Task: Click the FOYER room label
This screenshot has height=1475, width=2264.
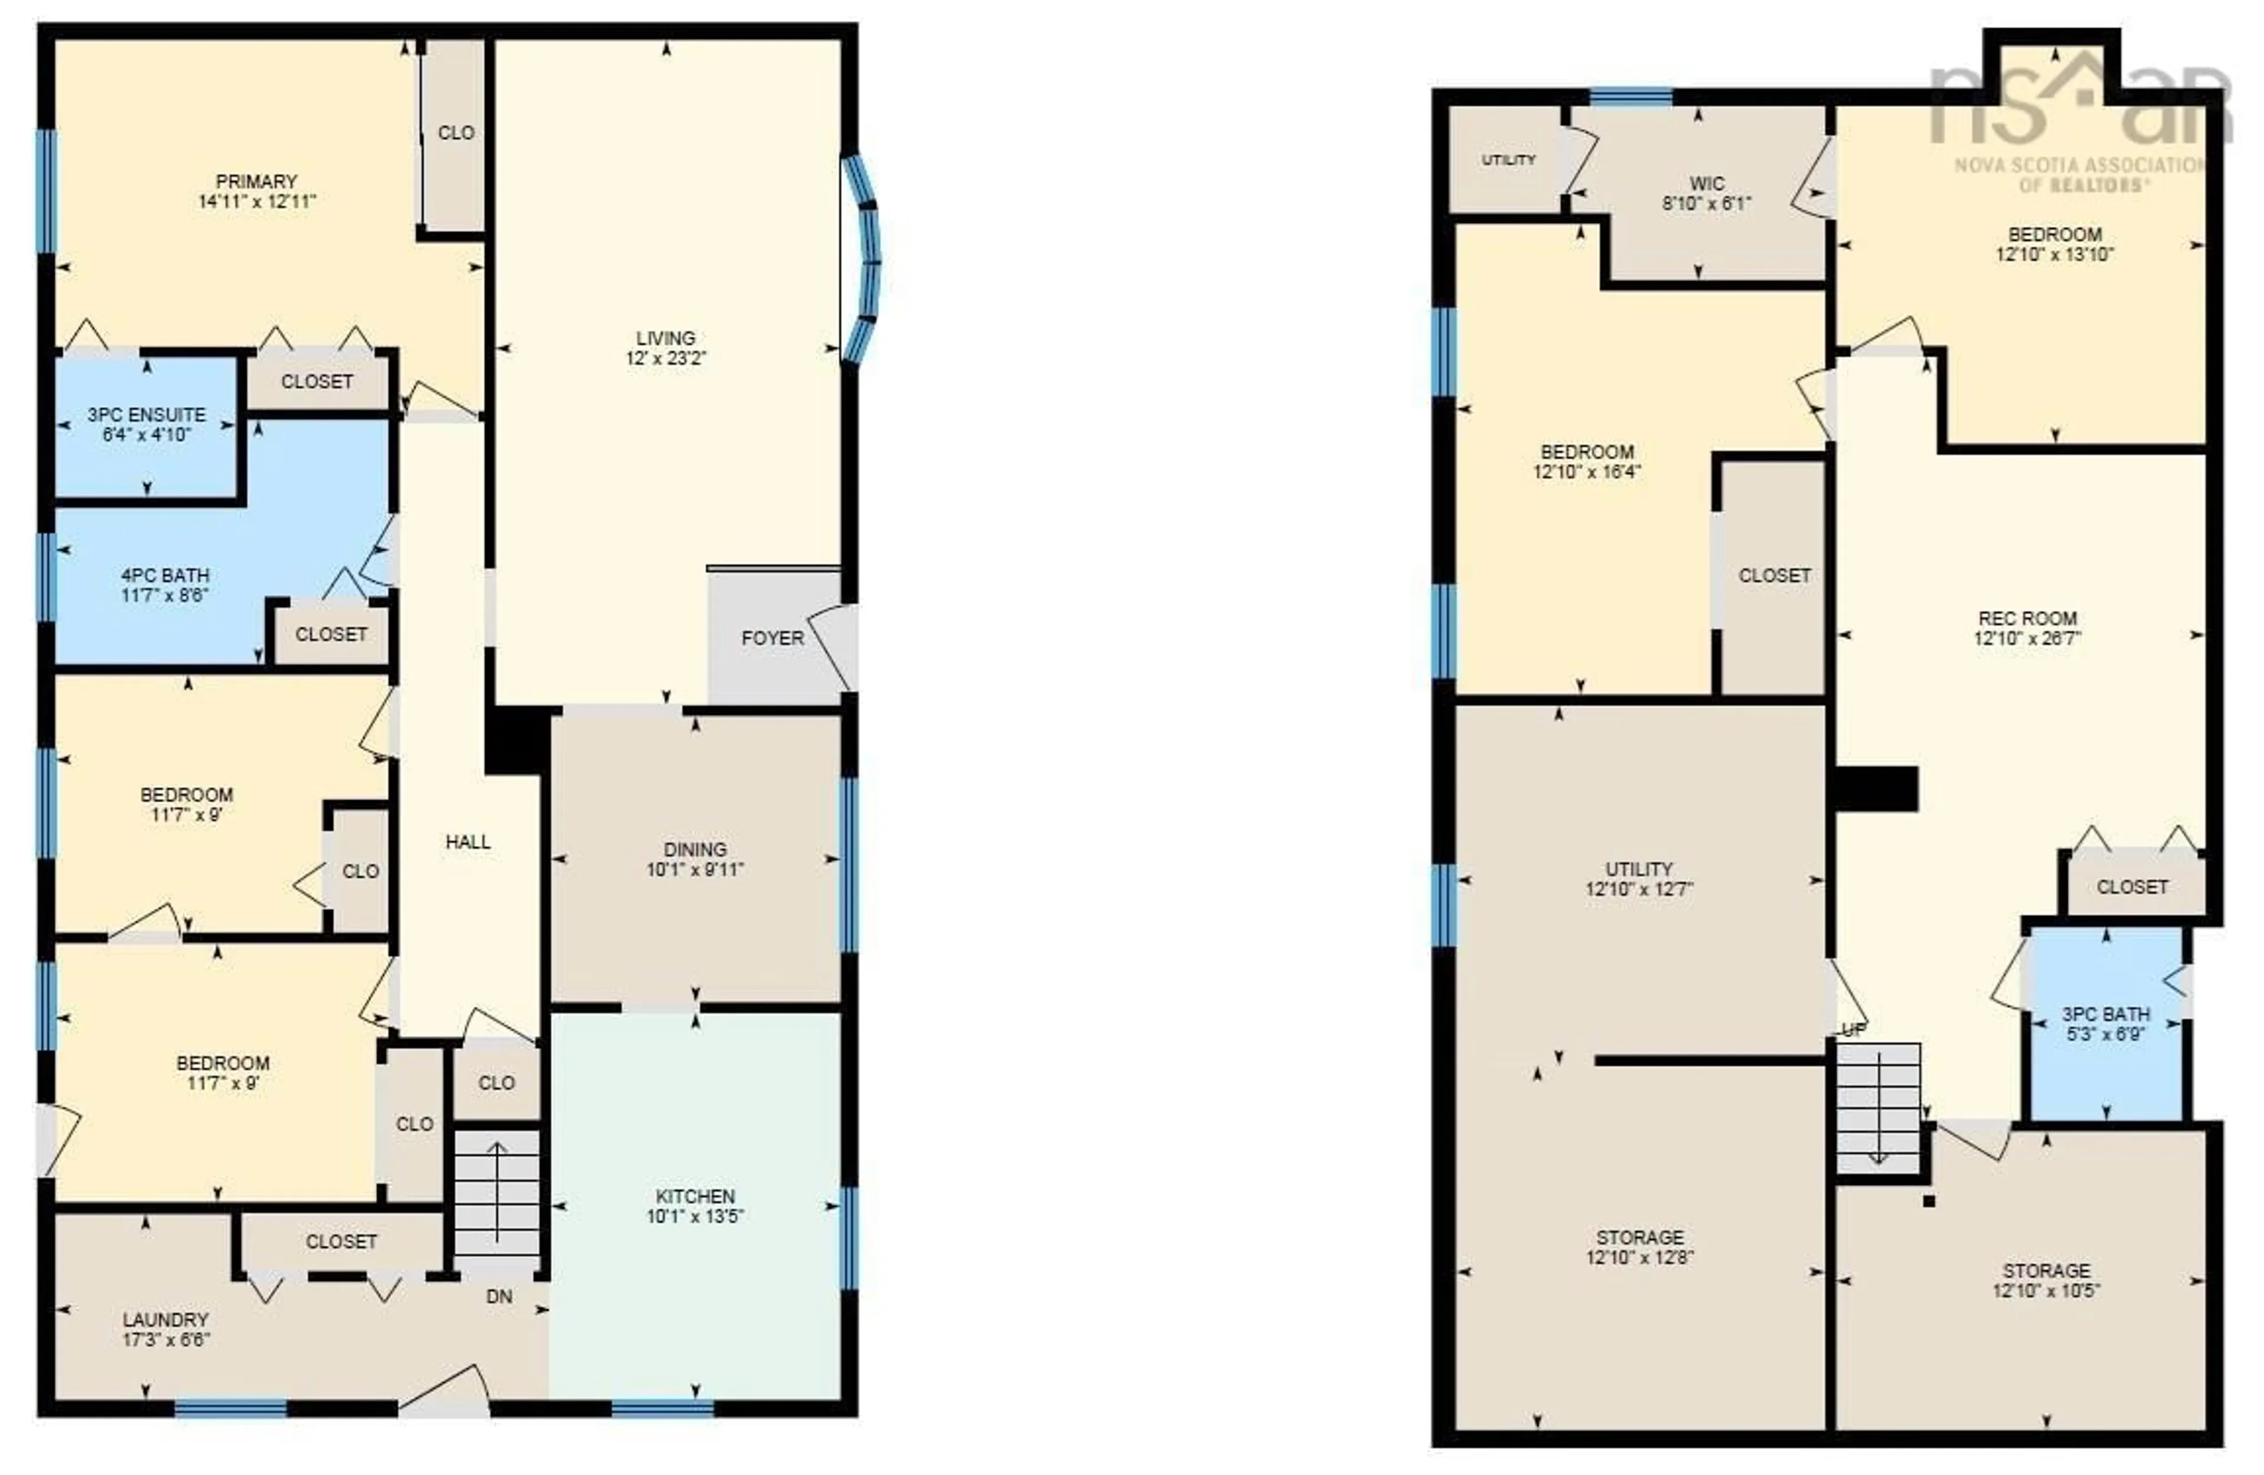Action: pyautogui.click(x=772, y=638)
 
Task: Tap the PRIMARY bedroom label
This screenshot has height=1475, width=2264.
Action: pyautogui.click(x=256, y=181)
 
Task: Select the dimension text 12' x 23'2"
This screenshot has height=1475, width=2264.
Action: pyautogui.click(x=666, y=358)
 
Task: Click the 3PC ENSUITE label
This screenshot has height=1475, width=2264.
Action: pyautogui.click(x=146, y=415)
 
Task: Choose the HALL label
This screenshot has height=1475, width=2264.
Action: pyautogui.click(x=468, y=842)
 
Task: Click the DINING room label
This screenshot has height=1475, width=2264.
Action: pyautogui.click(x=695, y=849)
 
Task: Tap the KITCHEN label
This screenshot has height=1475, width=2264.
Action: pyautogui.click(x=695, y=1196)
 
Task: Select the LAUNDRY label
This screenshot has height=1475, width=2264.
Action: pyautogui.click(x=166, y=1320)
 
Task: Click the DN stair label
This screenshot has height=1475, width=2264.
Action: pyautogui.click(x=499, y=1296)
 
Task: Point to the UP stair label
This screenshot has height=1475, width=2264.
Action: pyautogui.click(x=1854, y=1030)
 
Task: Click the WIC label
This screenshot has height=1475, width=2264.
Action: pyautogui.click(x=1707, y=183)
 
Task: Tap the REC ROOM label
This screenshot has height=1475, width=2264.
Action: pyautogui.click(x=2027, y=618)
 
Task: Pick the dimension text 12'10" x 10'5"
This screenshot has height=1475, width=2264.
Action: pyautogui.click(x=2046, y=1291)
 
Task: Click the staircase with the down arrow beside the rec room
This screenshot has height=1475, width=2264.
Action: pyautogui.click(x=1878, y=1109)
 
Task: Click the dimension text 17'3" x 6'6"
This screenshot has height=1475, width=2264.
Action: pyautogui.click(x=166, y=1340)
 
